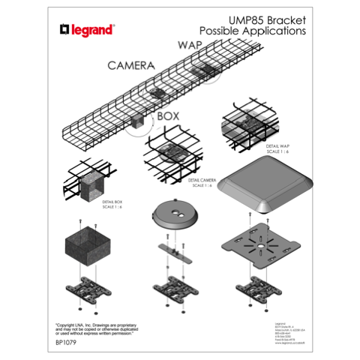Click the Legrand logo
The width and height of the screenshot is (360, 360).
tap(87, 30)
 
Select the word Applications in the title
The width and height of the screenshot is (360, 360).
tap(273, 32)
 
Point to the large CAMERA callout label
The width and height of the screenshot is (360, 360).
tap(131, 65)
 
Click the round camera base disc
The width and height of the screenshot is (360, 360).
tap(175, 216)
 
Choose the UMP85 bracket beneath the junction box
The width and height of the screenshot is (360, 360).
tap(88, 289)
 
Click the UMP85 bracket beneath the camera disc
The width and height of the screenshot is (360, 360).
tap(175, 288)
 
